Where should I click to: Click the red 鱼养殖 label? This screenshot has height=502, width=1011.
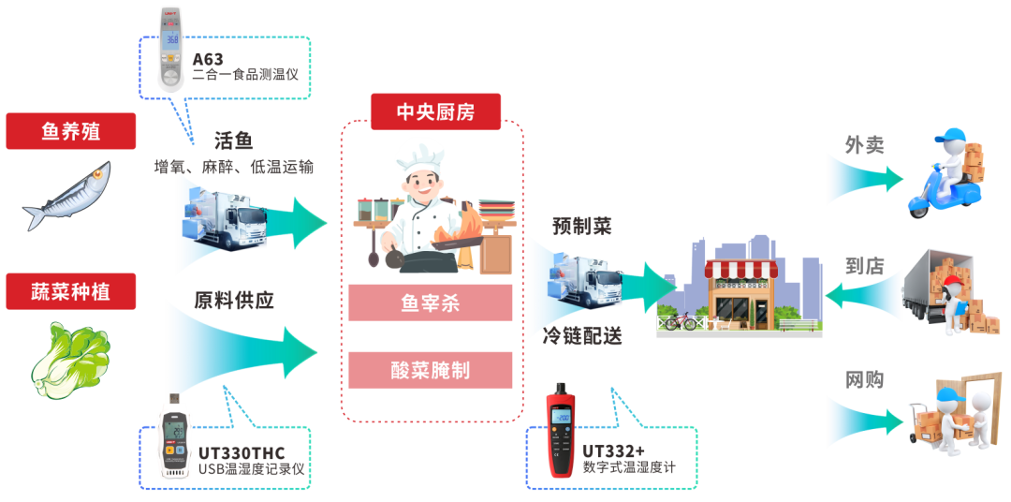click(70, 131)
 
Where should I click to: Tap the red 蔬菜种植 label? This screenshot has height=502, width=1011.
click(70, 291)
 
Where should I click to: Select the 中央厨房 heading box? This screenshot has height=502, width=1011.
click(435, 111)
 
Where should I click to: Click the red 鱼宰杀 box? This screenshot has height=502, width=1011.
click(431, 303)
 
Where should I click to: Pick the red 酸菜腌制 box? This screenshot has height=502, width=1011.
click(431, 370)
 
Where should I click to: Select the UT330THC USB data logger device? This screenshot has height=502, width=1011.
click(174, 440)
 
